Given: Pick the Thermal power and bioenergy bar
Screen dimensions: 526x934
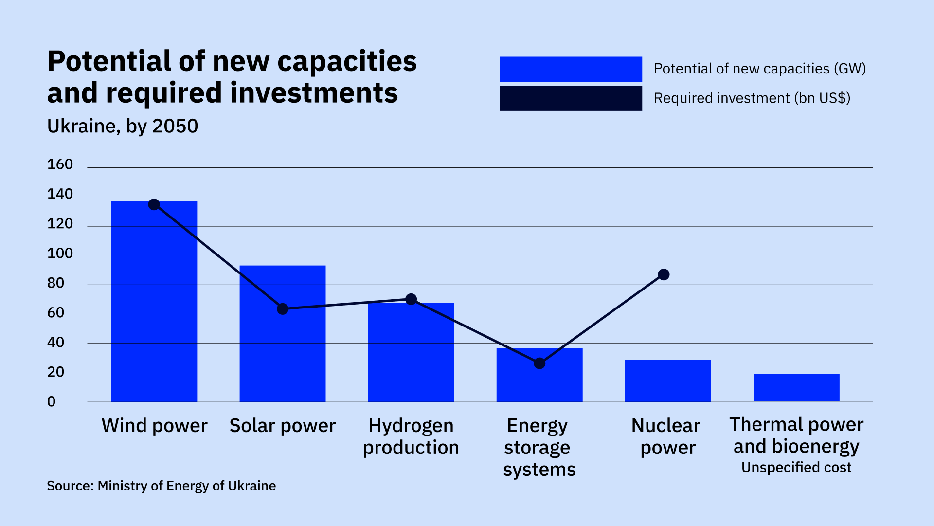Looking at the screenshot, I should [x=796, y=388].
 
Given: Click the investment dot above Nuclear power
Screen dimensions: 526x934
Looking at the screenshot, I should [x=664, y=274].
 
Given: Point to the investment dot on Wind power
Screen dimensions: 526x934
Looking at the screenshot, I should [x=154, y=204].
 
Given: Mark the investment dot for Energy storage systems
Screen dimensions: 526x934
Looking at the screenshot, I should [x=539, y=363].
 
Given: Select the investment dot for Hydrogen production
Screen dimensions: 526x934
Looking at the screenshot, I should [x=411, y=299].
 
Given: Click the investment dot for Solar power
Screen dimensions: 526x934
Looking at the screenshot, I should [x=283, y=309].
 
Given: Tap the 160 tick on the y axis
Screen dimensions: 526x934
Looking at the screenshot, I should [x=60, y=164].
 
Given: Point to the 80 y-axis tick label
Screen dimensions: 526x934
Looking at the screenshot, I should [x=55, y=283].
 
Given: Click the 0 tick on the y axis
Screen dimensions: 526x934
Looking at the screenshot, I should [x=51, y=402].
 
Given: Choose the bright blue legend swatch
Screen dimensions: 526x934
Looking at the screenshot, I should [x=570, y=69].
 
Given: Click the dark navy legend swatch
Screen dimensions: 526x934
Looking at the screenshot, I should [x=570, y=98].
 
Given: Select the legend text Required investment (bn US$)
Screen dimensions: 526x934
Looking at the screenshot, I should [x=752, y=98].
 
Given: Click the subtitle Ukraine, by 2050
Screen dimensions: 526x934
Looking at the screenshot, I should [x=123, y=126].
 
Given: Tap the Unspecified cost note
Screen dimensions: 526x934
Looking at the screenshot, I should [x=796, y=468].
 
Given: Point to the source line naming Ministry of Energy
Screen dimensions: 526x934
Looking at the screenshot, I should [x=161, y=486].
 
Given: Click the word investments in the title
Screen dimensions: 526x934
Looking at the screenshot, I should [x=314, y=92].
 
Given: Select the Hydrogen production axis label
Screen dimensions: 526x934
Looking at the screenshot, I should [x=411, y=436].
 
